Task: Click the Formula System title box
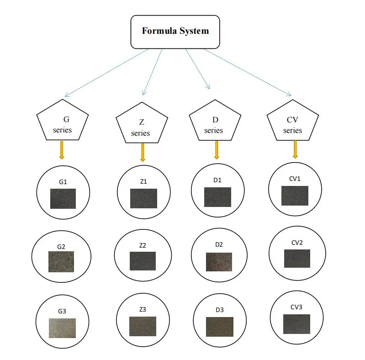pyautogui.click(x=175, y=32)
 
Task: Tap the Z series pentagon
pyautogui.click(x=140, y=126)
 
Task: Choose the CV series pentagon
pyautogui.click(x=292, y=122)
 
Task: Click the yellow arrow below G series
pyautogui.click(x=62, y=150)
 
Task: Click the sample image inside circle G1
pyautogui.click(x=63, y=198)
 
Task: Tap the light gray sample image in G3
pyautogui.click(x=62, y=328)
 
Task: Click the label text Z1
pyautogui.click(x=143, y=182)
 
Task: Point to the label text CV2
pyautogui.click(x=296, y=243)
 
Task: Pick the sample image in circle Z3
pyautogui.click(x=143, y=326)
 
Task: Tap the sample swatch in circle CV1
pyautogui.click(x=295, y=196)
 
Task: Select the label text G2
pyautogui.click(x=61, y=247)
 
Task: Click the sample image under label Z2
pyautogui.click(x=142, y=261)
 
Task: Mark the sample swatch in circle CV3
pyautogui.click(x=296, y=324)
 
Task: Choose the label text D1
pyautogui.click(x=217, y=180)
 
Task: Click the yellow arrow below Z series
pyautogui.click(x=143, y=153)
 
